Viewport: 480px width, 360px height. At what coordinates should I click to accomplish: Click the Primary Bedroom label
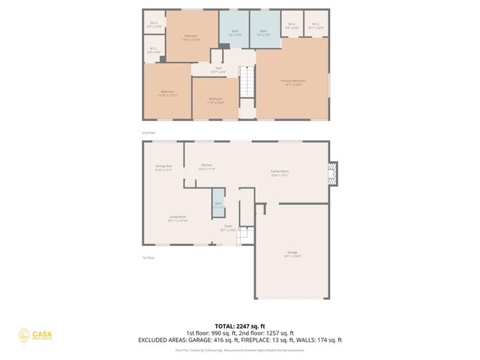coord(293,82)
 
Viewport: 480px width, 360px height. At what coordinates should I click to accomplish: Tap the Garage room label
coord(292,253)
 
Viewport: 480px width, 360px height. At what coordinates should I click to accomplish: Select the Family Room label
coord(280,172)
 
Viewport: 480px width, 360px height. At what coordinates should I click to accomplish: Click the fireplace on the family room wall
coord(334,174)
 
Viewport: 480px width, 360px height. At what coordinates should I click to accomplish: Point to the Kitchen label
coord(206,166)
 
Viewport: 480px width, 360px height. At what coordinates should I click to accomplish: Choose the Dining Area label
coord(163,167)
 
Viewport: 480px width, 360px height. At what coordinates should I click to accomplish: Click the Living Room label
coord(177,218)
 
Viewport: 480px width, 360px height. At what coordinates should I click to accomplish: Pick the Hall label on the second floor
coord(217,69)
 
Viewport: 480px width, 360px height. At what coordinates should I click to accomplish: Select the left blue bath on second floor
coord(234,29)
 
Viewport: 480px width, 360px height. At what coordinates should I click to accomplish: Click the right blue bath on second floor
coord(264,29)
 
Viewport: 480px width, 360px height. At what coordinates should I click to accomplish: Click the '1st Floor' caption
coord(148,258)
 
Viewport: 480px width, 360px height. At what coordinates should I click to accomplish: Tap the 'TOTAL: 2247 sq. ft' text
coord(239,326)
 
